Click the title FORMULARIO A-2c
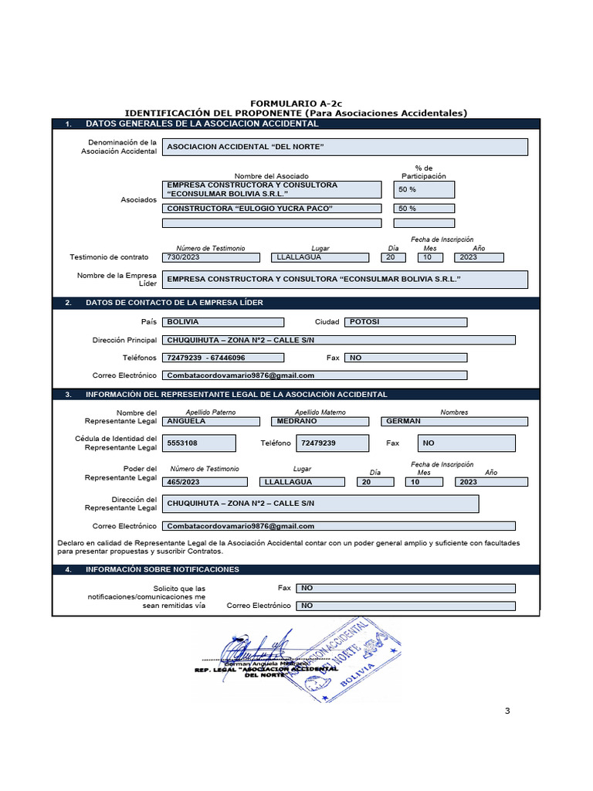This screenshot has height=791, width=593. click(296, 103)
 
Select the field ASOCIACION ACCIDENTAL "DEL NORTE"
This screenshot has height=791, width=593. click(346, 147)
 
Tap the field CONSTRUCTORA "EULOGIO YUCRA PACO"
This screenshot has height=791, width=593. click(272, 209)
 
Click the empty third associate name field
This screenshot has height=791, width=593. click(272, 223)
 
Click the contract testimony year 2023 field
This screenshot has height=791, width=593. click(478, 257)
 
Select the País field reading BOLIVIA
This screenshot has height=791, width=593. click(223, 322)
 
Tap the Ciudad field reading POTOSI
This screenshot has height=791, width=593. click(405, 322)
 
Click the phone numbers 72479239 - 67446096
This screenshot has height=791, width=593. click(223, 358)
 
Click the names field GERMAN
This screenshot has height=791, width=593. click(454, 421)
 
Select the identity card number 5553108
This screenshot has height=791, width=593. click(200, 443)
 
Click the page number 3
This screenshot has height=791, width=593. click(507, 711)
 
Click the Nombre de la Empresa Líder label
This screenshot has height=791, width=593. click(117, 280)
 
